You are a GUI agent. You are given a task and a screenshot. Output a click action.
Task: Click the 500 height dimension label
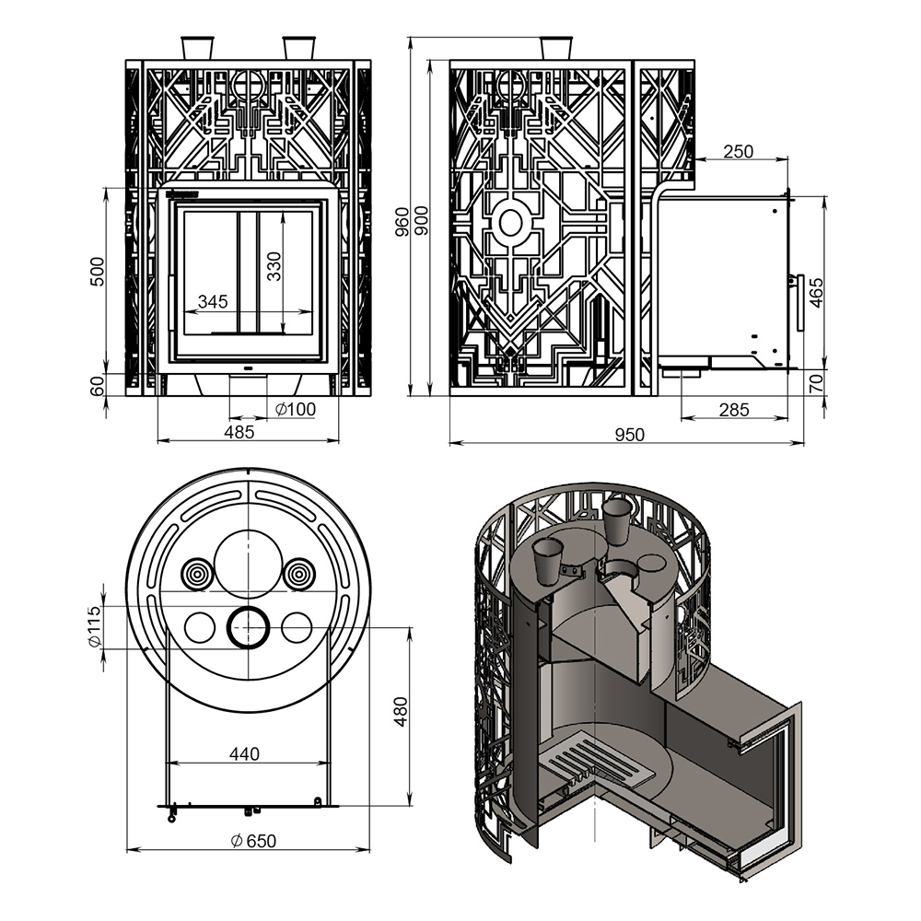98,272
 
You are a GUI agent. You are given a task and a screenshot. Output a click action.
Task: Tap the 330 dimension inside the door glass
274,266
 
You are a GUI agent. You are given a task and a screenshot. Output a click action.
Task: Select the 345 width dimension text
213,302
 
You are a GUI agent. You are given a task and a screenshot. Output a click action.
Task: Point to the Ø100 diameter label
296,409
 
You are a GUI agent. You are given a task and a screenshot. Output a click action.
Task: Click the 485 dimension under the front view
239,432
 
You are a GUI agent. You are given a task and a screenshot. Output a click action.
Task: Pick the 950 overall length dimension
630,435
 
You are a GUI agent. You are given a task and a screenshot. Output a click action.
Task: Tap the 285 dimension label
734,410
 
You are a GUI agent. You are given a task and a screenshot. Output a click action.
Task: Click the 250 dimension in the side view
738,152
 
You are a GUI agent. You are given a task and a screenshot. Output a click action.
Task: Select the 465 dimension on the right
816,293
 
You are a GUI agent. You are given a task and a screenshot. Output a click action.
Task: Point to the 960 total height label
402,221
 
